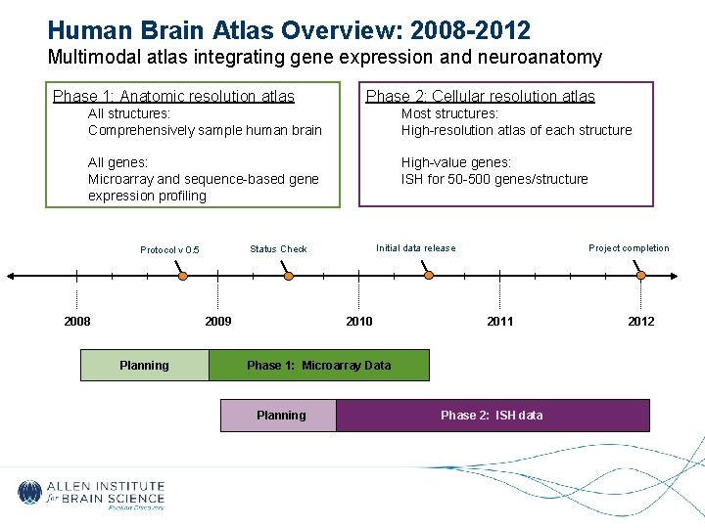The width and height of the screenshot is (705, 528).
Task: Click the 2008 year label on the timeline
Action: click(77, 322)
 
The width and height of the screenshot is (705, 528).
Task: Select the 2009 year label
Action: click(217, 322)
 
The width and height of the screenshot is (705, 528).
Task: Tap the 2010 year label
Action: click(359, 322)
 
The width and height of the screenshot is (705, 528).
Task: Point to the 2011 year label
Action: click(499, 322)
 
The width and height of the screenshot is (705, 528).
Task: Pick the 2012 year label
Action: click(641, 322)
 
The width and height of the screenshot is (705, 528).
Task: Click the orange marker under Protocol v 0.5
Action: click(181, 277)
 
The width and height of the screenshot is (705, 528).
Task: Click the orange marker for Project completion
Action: click(640, 277)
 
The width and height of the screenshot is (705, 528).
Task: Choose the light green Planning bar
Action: click(144, 366)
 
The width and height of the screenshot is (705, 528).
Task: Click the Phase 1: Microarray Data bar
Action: click(318, 366)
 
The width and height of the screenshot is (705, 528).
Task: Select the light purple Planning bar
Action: click(280, 416)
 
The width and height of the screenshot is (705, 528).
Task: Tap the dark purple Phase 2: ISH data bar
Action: click(492, 416)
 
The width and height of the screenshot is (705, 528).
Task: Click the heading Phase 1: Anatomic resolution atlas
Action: click(173, 96)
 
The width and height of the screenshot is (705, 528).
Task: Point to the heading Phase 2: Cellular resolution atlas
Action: click(480, 96)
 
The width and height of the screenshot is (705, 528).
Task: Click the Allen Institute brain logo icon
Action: click(30, 493)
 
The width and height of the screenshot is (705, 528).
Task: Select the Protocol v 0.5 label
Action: click(169, 250)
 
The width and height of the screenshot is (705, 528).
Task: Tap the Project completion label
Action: click(629, 248)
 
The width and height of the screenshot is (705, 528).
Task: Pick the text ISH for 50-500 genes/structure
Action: click(494, 179)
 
